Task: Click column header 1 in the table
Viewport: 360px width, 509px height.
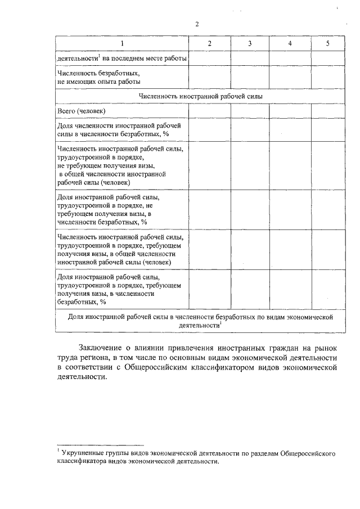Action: pos(121,43)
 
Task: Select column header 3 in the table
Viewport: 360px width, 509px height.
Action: pos(249,43)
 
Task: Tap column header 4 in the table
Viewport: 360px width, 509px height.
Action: pos(289,43)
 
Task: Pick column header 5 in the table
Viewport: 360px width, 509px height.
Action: pos(327,43)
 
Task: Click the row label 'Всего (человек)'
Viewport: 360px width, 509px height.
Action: pos(80,111)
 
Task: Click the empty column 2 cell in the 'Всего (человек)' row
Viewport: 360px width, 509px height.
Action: pos(209,111)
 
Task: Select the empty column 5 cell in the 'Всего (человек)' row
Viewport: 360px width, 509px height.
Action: pos(327,111)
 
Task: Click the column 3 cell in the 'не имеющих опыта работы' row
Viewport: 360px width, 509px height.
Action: pos(249,77)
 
